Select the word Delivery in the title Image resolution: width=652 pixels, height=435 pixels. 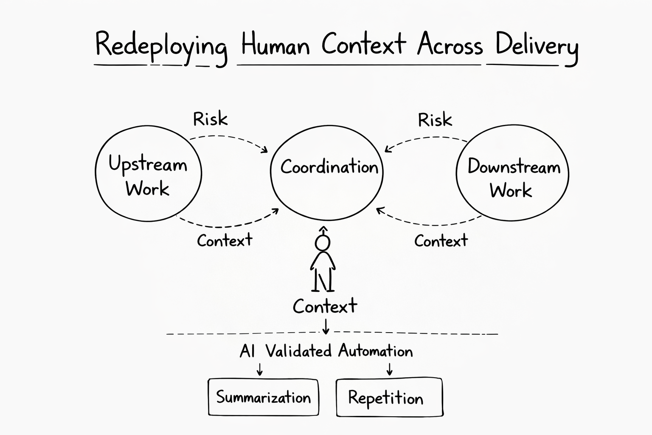coord(536,46)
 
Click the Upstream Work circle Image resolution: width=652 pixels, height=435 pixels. coord(148,173)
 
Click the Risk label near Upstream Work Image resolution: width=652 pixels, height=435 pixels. coord(210,119)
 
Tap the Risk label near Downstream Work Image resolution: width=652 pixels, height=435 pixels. coord(435,120)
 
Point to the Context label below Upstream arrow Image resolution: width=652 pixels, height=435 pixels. coord(225,241)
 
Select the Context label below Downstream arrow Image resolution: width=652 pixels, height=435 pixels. coord(441,241)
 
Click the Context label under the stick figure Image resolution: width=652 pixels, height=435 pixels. coord(325,306)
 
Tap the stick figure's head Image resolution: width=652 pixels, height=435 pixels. coord(323,243)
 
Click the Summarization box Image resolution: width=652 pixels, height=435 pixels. coord(263,397)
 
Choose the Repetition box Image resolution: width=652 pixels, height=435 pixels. coord(389,397)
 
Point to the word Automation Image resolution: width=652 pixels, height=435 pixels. coord(375,351)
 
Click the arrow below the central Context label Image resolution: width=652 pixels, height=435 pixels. coord(326,326)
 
